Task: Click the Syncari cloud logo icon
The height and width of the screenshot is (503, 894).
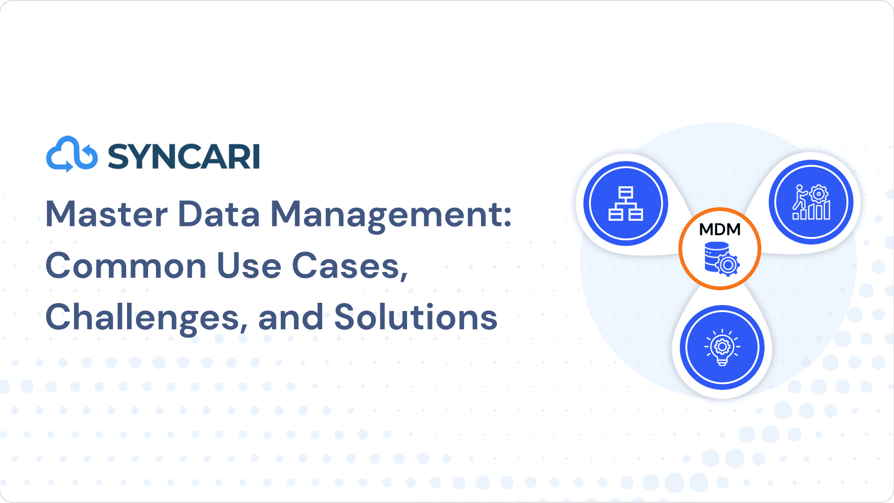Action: pyautogui.click(x=72, y=154)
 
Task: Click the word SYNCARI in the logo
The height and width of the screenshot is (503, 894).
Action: pyautogui.click(x=184, y=156)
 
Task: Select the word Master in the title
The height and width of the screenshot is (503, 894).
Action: pyautogui.click(x=107, y=214)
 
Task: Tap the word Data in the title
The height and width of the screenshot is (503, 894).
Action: pyautogui.click(x=219, y=214)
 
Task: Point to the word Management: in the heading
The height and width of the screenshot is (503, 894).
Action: pyautogui.click(x=391, y=216)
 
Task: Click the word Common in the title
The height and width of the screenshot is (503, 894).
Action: pyautogui.click(x=126, y=266)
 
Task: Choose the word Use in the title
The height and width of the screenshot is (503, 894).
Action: pyautogui.click(x=249, y=266)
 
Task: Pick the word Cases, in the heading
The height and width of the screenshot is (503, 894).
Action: pyautogui.click(x=350, y=267)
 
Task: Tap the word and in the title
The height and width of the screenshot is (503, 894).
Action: pyautogui.click(x=291, y=317)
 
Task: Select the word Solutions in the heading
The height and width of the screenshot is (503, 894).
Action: pyautogui.click(x=416, y=317)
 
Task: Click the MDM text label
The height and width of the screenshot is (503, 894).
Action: pyautogui.click(x=720, y=230)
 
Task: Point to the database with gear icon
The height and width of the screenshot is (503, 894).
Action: pyautogui.click(x=722, y=259)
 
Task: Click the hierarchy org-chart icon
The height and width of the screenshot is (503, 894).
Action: pyautogui.click(x=626, y=204)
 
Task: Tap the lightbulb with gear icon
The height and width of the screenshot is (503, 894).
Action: pyautogui.click(x=722, y=347)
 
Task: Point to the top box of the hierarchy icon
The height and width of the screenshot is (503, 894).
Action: pyautogui.click(x=626, y=192)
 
